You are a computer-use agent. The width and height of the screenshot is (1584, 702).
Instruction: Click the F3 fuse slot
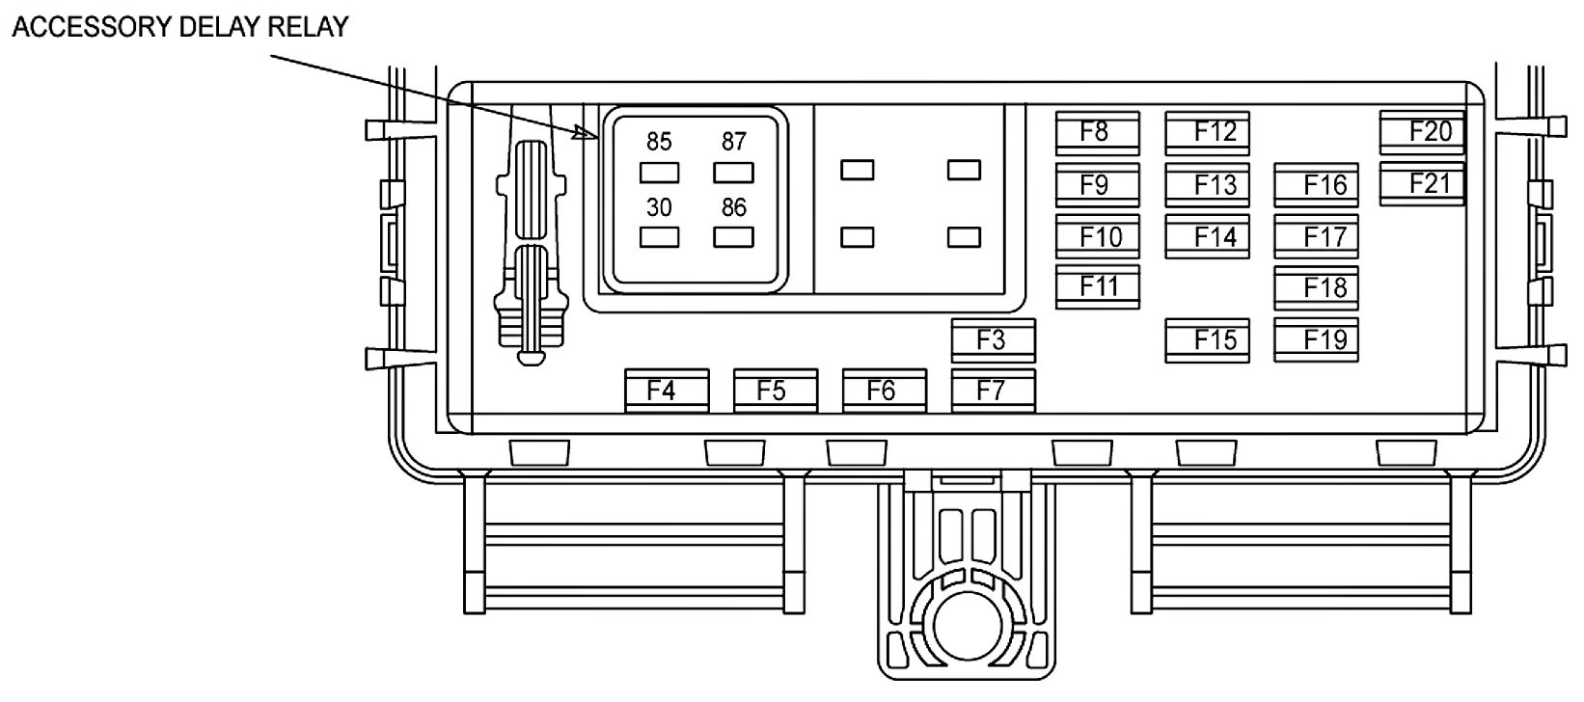coord(993,340)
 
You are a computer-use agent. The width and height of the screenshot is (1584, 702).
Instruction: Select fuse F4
coord(667,391)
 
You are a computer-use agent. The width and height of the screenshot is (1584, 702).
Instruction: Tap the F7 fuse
coord(993,391)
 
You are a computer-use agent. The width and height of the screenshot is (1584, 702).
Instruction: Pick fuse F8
coord(1097,132)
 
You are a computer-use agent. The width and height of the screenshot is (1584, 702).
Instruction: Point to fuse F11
coord(1097,286)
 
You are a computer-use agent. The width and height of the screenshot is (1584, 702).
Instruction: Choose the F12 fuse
coord(1207,132)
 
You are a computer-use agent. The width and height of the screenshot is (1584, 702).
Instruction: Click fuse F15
coord(1207,340)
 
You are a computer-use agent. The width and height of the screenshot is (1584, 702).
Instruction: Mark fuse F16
coord(1316,184)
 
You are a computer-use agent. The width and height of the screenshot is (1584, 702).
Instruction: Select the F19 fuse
coord(1316,339)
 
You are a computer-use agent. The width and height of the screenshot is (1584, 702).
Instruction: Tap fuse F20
coord(1422,132)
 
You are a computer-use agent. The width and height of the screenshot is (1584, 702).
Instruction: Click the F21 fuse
coord(1422,183)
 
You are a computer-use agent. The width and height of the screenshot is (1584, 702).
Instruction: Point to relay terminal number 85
coord(659,142)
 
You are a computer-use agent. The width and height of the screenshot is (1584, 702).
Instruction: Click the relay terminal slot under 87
coord(733,173)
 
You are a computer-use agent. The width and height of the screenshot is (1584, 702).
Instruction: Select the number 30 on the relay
coord(659,207)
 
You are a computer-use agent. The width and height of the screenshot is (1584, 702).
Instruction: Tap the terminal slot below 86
coord(733,237)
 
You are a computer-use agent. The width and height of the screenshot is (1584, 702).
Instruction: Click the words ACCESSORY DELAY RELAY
coord(180,27)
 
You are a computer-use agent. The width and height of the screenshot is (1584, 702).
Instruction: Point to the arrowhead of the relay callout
coord(584,133)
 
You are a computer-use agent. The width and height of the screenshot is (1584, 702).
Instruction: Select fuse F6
coord(885,391)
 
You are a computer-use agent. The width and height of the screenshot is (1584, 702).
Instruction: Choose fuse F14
coord(1207,236)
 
